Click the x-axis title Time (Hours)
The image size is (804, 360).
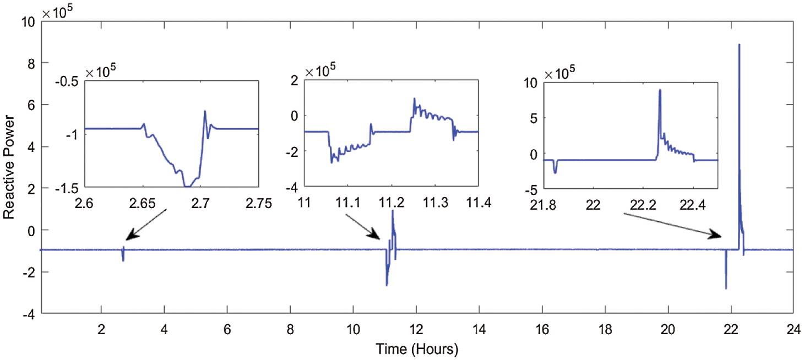click(417, 349)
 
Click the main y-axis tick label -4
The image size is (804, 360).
click(28, 314)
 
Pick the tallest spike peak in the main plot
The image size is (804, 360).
click(739, 45)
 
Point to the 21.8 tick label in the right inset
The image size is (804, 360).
click(542, 204)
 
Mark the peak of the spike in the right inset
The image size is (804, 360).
click(660, 90)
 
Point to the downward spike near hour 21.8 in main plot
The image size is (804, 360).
click(726, 288)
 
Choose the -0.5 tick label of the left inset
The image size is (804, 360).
click(70, 80)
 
